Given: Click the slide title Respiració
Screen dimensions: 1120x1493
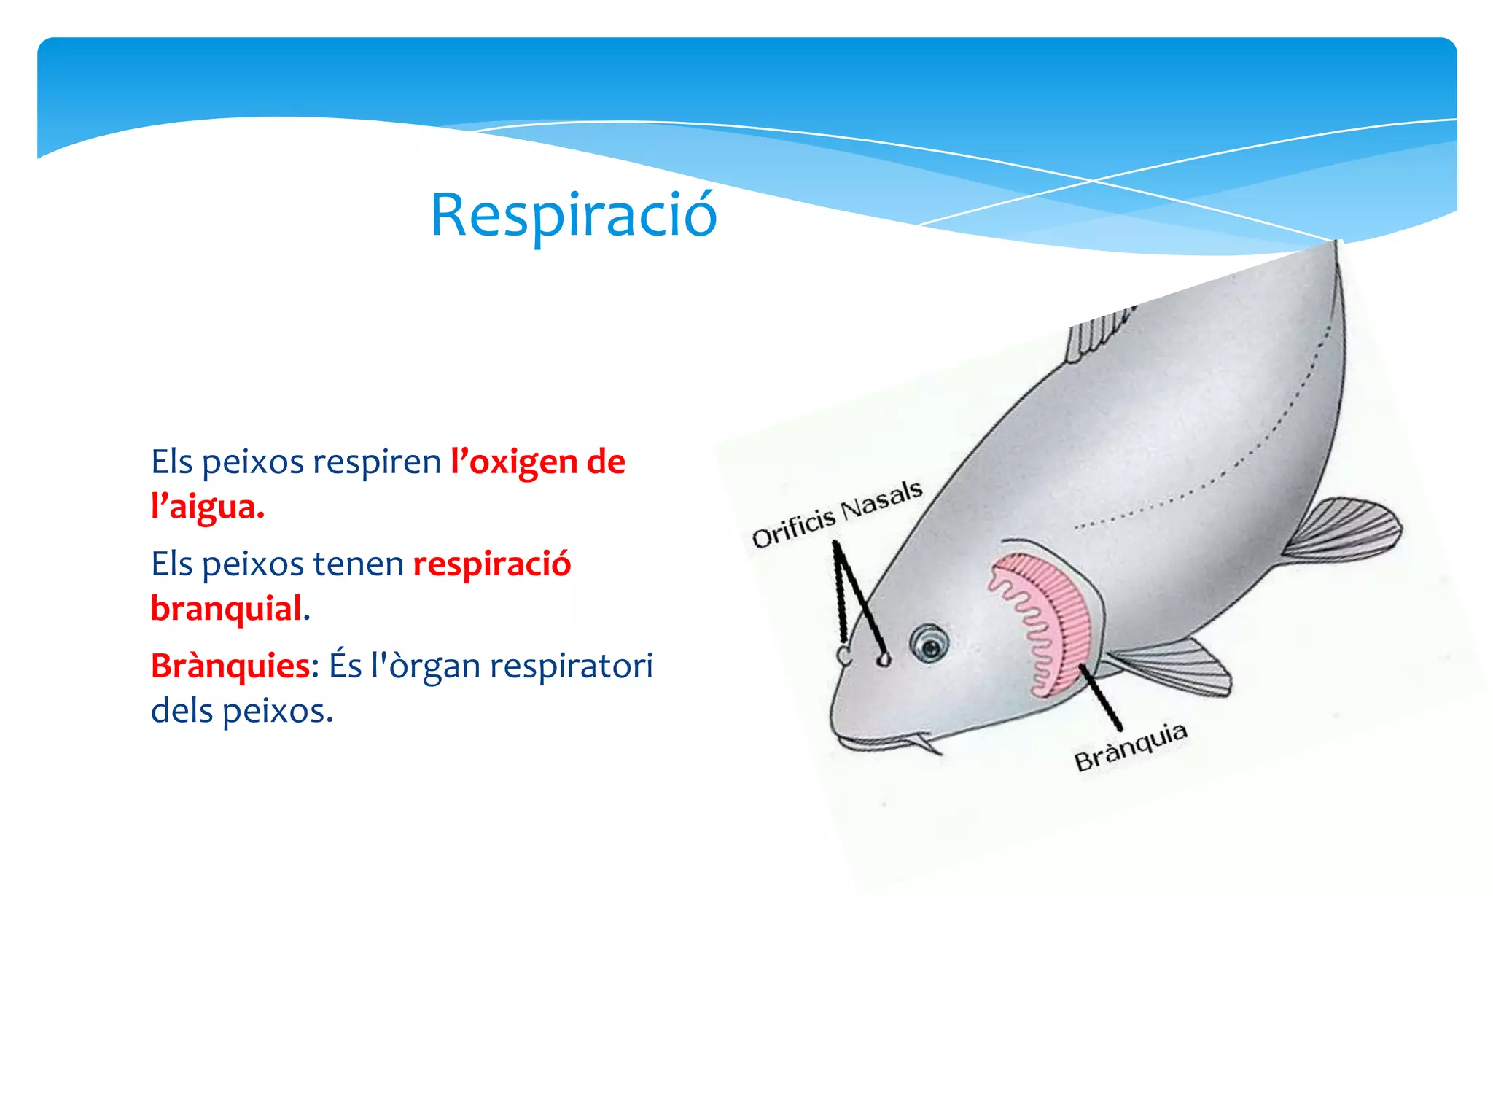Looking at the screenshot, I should click(574, 216).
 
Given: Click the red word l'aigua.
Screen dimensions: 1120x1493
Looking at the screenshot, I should click(207, 507).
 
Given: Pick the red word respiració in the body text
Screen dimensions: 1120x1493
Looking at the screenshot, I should click(492, 564).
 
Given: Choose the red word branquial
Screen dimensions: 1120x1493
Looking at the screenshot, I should click(226, 609).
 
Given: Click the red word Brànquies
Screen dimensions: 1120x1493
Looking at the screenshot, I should click(230, 666).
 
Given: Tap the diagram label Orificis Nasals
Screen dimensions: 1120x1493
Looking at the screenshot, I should click(837, 513).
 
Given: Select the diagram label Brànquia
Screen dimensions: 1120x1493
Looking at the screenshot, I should click(1131, 747).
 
